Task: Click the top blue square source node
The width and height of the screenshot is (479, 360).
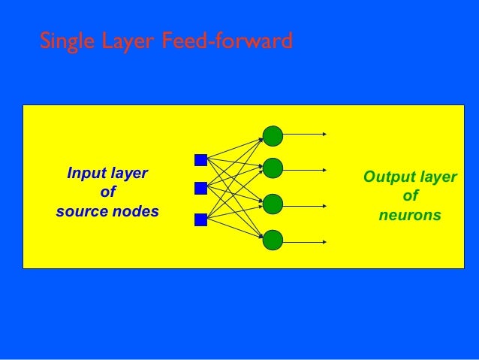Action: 200,159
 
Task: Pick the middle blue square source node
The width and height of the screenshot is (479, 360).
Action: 200,188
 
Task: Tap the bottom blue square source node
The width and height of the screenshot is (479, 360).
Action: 200,219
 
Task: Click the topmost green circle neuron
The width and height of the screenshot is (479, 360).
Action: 273,135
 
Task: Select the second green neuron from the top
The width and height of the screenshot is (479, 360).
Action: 273,168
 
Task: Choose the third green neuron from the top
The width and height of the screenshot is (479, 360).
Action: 273,204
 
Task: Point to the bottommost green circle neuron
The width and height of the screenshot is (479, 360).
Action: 273,241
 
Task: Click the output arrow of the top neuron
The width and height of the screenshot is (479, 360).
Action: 305,135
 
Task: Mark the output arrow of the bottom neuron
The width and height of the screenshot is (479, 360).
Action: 305,241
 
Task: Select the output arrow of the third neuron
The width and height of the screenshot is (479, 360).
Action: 305,204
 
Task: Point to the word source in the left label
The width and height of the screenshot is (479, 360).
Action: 82,211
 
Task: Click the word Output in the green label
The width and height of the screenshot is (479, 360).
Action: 387,177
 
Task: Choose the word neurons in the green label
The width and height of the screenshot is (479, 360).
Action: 410,216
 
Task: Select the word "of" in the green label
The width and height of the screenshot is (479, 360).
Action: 410,196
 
